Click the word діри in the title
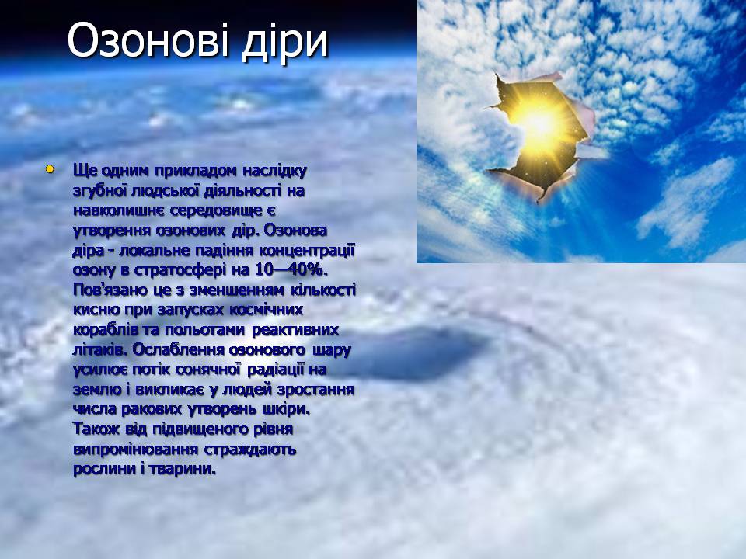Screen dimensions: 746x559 pos(285,42)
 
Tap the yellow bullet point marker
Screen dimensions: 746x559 pos(50,168)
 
